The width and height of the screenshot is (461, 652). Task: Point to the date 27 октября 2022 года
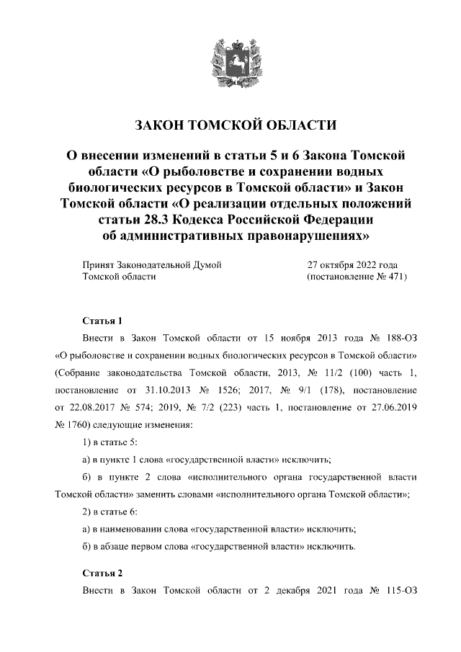tap(352, 264)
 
